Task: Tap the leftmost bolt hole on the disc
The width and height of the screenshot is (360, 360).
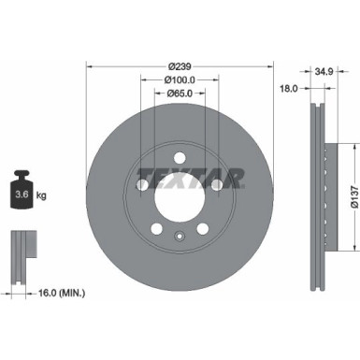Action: tap(142, 186)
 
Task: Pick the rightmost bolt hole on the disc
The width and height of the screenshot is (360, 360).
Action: tap(216, 186)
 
